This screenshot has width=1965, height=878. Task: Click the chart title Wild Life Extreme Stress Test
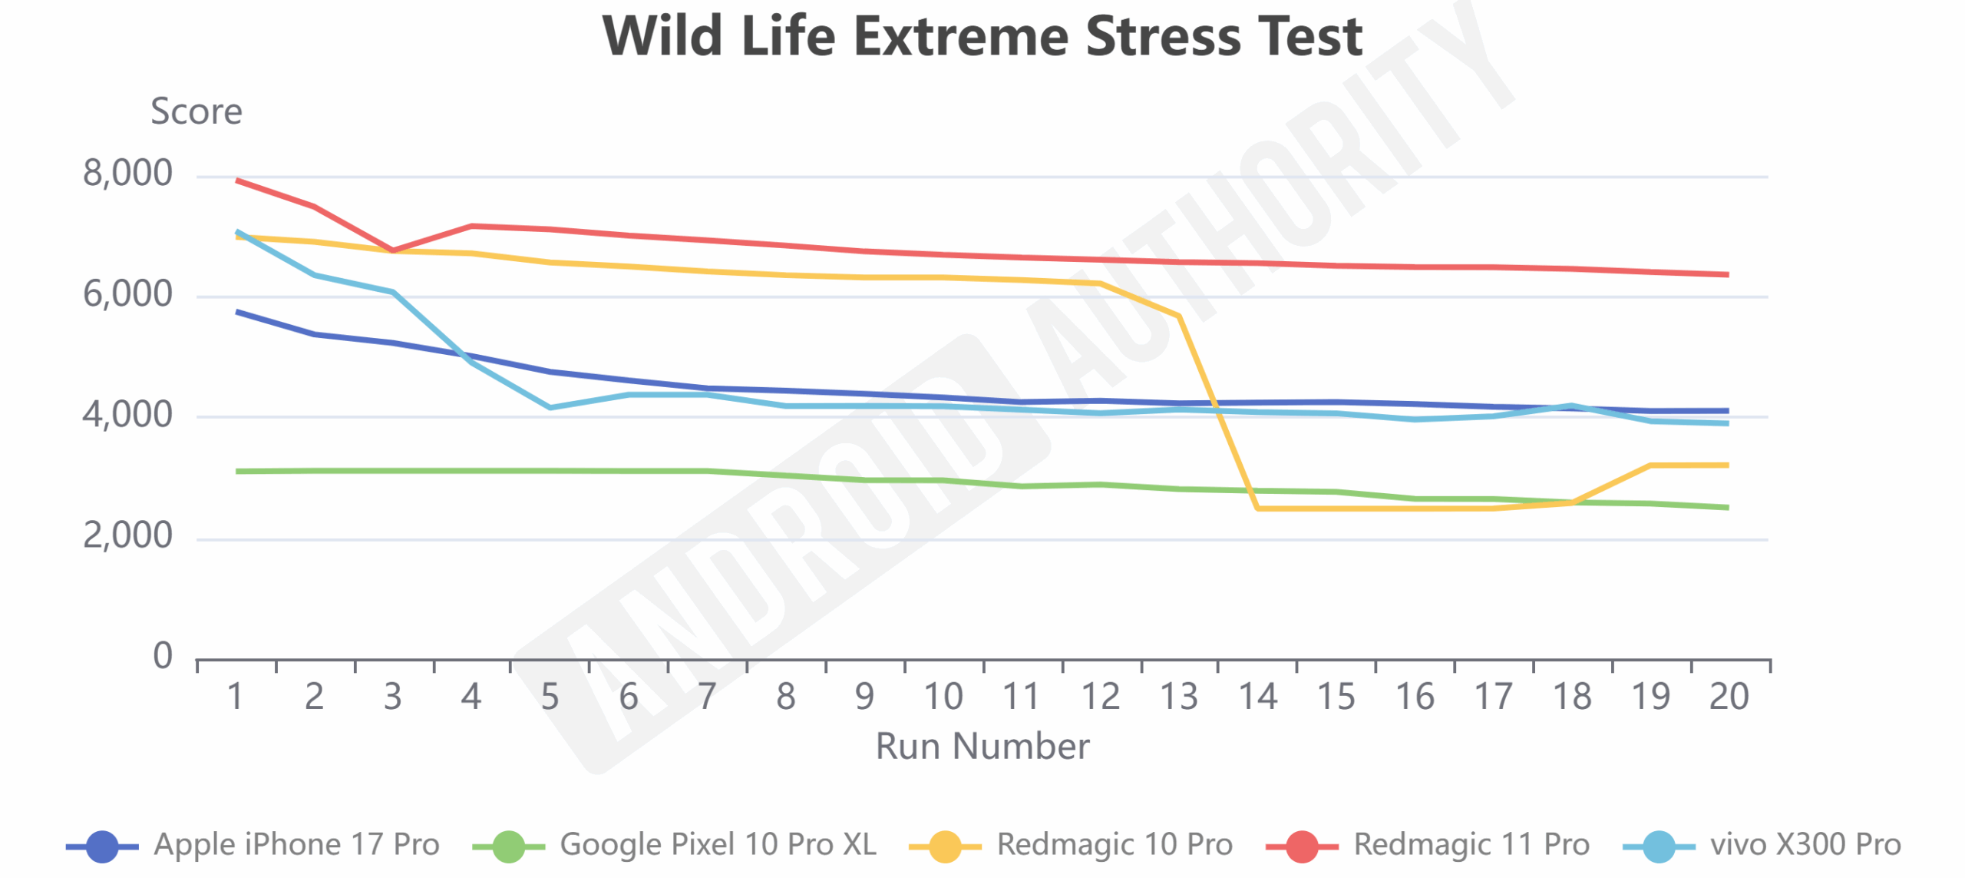[x=982, y=36]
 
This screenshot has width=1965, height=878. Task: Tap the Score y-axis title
[x=196, y=111]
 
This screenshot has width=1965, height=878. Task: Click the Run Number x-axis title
[x=982, y=746]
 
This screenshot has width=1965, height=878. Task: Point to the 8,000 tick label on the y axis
[x=127, y=174]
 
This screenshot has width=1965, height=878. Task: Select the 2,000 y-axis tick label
[x=127, y=535]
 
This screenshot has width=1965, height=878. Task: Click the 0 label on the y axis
[x=162, y=656]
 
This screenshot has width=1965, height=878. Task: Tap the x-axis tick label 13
[x=1179, y=697]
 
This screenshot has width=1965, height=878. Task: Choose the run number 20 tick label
[x=1729, y=697]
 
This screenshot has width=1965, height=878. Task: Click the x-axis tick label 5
[x=550, y=697]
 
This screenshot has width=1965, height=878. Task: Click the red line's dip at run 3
[x=393, y=250]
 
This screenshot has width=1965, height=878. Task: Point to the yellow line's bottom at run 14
[x=1257, y=508]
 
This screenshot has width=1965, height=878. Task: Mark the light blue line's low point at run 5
[x=550, y=407]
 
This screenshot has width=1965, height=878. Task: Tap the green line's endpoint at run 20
[x=1727, y=507]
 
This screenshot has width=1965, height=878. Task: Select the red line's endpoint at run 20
[x=1727, y=274]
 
